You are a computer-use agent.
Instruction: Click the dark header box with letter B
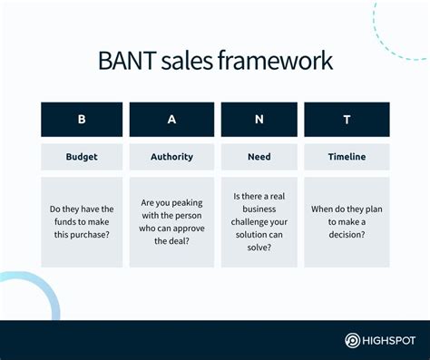82,120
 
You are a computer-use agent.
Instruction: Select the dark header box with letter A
171,120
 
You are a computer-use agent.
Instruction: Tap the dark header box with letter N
259,120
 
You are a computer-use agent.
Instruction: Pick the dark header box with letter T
347,120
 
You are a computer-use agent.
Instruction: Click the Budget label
82,157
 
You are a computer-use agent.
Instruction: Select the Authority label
171,157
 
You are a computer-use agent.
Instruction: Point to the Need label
259,157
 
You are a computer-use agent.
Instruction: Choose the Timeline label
347,157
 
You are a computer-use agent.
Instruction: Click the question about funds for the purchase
82,222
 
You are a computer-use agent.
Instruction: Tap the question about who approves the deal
171,222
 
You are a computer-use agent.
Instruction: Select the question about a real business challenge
259,222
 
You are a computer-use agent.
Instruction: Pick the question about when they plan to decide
347,222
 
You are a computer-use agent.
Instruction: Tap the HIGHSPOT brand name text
391,341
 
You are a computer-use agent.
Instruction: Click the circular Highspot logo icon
354,341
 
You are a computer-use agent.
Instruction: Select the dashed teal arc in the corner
399,32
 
